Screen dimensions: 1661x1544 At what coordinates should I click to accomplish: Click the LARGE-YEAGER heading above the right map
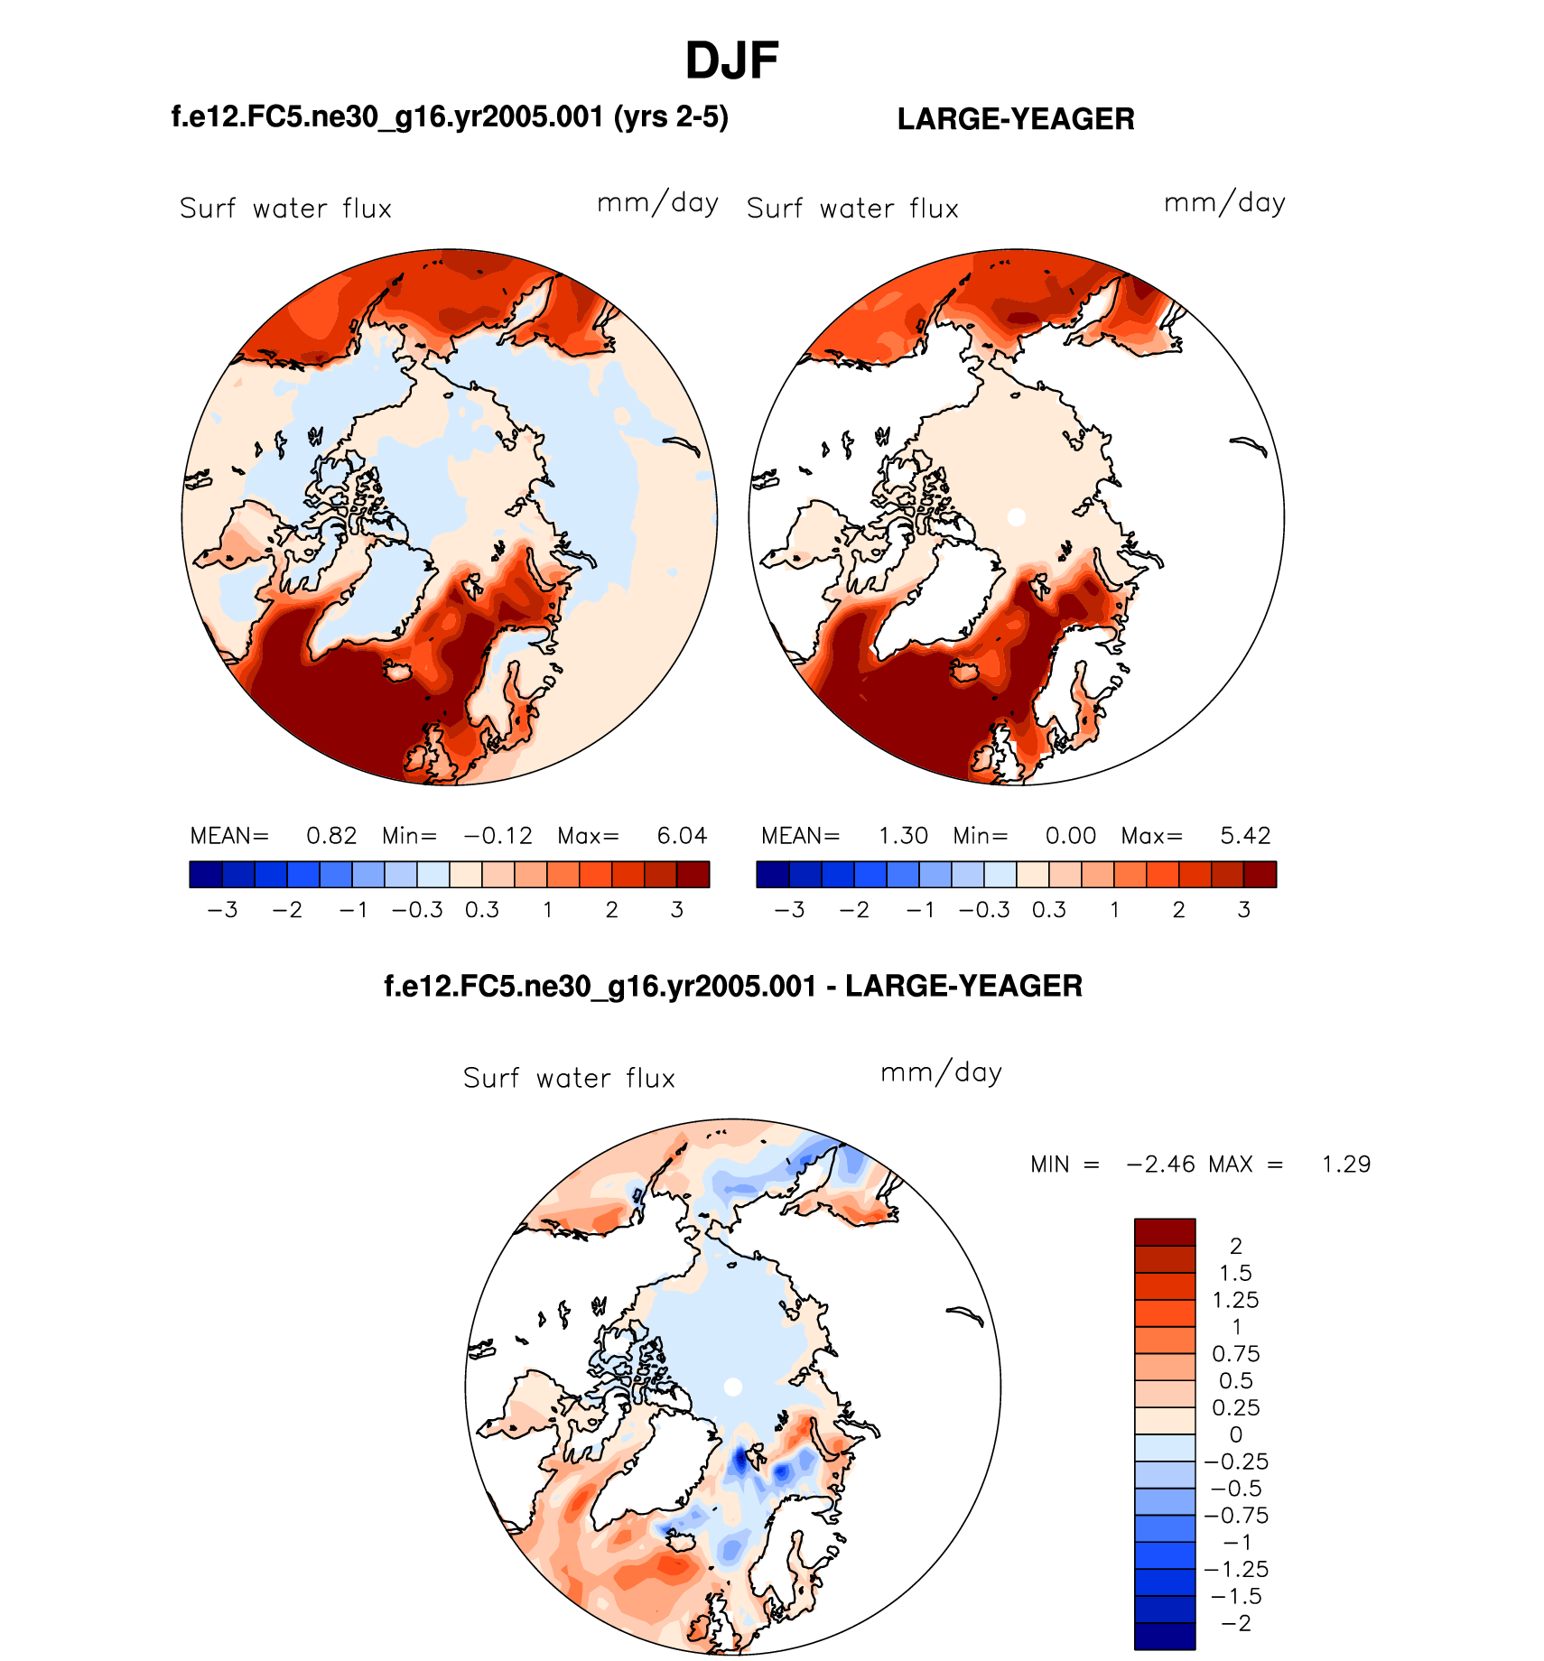(x=1016, y=119)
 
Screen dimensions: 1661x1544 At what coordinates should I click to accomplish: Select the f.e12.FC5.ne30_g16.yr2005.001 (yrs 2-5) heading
(x=450, y=117)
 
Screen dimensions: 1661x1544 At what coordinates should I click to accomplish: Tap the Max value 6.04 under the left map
(x=682, y=836)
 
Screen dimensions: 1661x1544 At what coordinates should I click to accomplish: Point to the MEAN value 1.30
(x=903, y=836)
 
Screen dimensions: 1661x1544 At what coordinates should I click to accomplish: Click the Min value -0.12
(x=498, y=836)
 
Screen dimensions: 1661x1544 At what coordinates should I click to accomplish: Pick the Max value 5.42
(x=1245, y=836)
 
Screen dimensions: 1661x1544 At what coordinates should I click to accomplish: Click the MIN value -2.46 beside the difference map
(x=1160, y=1165)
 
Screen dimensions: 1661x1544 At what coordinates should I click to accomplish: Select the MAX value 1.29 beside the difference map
(x=1345, y=1165)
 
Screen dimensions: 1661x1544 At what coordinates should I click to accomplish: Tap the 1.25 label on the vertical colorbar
(x=1235, y=1301)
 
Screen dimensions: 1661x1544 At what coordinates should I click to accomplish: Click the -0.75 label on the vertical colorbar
(x=1236, y=1516)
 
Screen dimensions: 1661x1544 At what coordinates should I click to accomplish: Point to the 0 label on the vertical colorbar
(x=1236, y=1435)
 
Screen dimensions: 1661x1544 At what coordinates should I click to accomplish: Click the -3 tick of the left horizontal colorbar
(x=222, y=910)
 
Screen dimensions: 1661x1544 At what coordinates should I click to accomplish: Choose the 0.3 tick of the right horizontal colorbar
(x=1049, y=910)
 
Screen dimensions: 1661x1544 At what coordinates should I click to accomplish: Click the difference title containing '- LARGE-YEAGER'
(x=733, y=986)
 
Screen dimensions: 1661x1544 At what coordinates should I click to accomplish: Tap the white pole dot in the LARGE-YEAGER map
(x=1017, y=517)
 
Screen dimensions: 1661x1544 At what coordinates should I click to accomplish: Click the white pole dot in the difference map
(x=733, y=1387)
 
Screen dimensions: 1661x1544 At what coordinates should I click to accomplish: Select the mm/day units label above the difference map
(x=941, y=1073)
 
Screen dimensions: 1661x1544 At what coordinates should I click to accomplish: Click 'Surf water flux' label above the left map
(x=285, y=209)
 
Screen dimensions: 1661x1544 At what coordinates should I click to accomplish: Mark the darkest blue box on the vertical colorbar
(x=1165, y=1637)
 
